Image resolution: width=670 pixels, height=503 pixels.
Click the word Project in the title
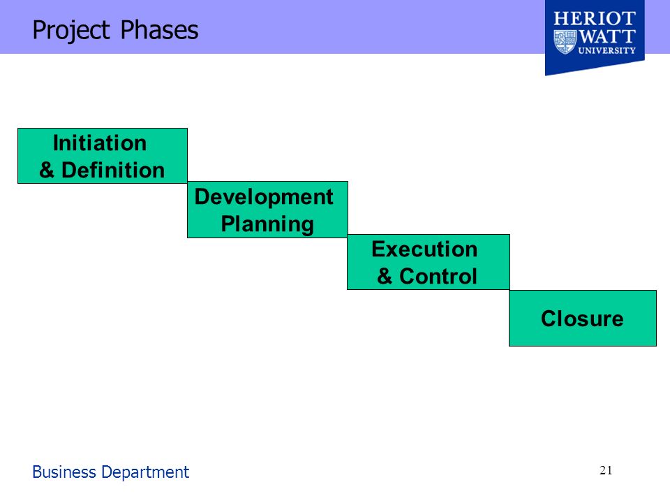pyautogui.click(x=71, y=31)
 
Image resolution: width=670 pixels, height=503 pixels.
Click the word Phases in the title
pyautogui.click(x=159, y=30)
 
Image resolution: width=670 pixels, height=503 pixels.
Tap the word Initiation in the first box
pyautogui.click(x=100, y=143)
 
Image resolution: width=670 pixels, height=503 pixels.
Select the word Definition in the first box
pyautogui.click(x=113, y=170)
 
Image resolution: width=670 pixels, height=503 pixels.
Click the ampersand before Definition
pyautogui.click(x=47, y=170)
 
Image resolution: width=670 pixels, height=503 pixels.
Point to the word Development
pyautogui.click(x=264, y=198)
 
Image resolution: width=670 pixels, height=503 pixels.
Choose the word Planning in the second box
pyautogui.click(x=267, y=224)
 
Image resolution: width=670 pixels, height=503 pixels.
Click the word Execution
pyautogui.click(x=424, y=249)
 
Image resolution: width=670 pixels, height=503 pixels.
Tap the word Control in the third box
pyautogui.click(x=438, y=276)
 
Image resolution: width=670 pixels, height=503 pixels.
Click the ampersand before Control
pyautogui.click(x=385, y=276)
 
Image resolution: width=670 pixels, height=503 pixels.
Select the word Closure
pyautogui.click(x=582, y=319)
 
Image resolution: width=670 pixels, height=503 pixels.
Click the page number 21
pyautogui.click(x=606, y=470)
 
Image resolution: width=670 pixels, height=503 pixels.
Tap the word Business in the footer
pyautogui.click(x=64, y=472)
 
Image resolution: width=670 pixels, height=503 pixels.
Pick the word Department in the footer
pyautogui.click(x=145, y=473)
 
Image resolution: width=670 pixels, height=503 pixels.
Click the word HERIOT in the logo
pyautogui.click(x=595, y=20)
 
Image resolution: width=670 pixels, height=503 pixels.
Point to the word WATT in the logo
pyautogui.click(x=607, y=36)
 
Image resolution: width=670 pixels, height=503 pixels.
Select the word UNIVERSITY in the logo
pyautogui.click(x=606, y=50)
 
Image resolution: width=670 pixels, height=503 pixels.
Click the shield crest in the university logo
pyautogui.click(x=565, y=42)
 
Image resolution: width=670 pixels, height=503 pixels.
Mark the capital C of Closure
pyautogui.click(x=549, y=319)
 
